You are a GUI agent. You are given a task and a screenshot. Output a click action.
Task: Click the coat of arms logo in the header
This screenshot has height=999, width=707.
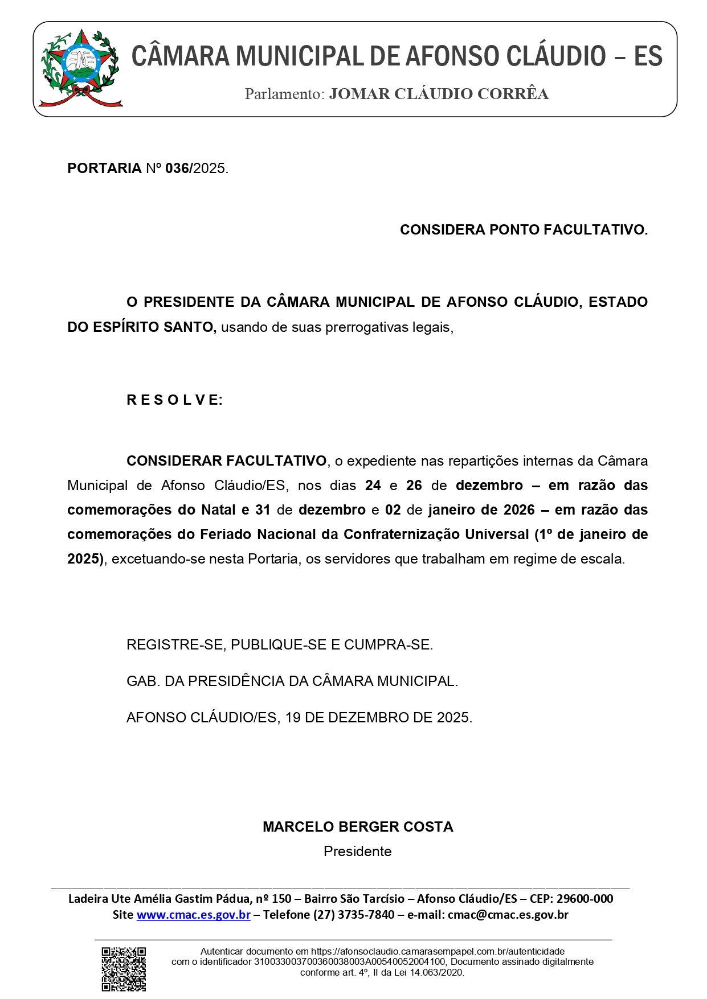80,68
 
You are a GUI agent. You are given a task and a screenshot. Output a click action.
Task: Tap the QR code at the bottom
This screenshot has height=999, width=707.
124,969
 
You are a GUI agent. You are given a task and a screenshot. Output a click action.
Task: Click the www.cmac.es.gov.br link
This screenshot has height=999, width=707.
194,915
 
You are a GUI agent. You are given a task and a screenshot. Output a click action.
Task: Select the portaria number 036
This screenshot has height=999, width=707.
177,168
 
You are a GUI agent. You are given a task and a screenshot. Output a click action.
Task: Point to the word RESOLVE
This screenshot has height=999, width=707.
174,400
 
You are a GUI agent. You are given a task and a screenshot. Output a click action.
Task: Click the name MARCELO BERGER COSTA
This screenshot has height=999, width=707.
358,827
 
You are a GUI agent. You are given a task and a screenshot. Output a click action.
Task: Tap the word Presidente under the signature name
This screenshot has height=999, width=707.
358,852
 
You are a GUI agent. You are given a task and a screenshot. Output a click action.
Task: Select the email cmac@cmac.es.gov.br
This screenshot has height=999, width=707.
508,915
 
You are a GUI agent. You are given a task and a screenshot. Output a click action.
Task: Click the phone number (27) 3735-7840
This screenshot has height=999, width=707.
358,915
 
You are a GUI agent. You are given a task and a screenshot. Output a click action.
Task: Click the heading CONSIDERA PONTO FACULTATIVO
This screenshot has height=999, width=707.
524,230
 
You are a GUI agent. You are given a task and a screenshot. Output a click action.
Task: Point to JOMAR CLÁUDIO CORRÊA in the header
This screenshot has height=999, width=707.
439,94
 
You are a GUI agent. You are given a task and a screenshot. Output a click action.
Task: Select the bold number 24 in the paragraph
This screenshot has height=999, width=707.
373,486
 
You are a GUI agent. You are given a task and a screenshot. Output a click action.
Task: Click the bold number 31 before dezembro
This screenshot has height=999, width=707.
263,510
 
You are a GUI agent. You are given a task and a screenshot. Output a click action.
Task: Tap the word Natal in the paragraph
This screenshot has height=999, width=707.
219,510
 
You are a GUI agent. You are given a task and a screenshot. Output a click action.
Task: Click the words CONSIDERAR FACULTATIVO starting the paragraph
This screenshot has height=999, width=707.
227,461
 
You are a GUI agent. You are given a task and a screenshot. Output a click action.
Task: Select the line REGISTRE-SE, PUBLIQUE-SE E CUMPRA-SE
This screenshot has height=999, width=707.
280,645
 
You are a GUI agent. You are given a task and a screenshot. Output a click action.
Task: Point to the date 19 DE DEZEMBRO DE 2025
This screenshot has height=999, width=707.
378,718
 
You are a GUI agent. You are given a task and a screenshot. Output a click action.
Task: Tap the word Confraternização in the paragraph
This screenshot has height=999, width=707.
436,535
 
